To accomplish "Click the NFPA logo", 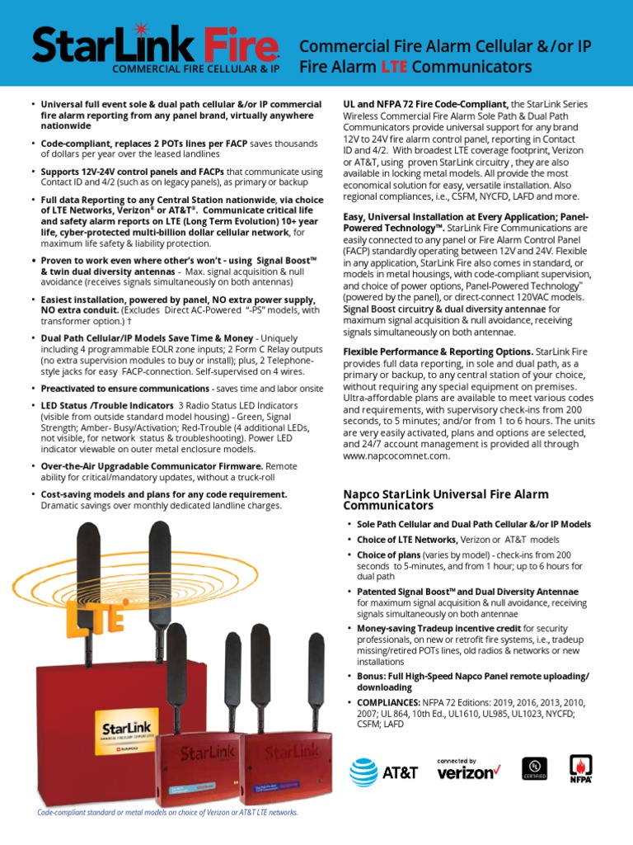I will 581,768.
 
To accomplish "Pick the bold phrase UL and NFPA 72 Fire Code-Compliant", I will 425,105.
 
